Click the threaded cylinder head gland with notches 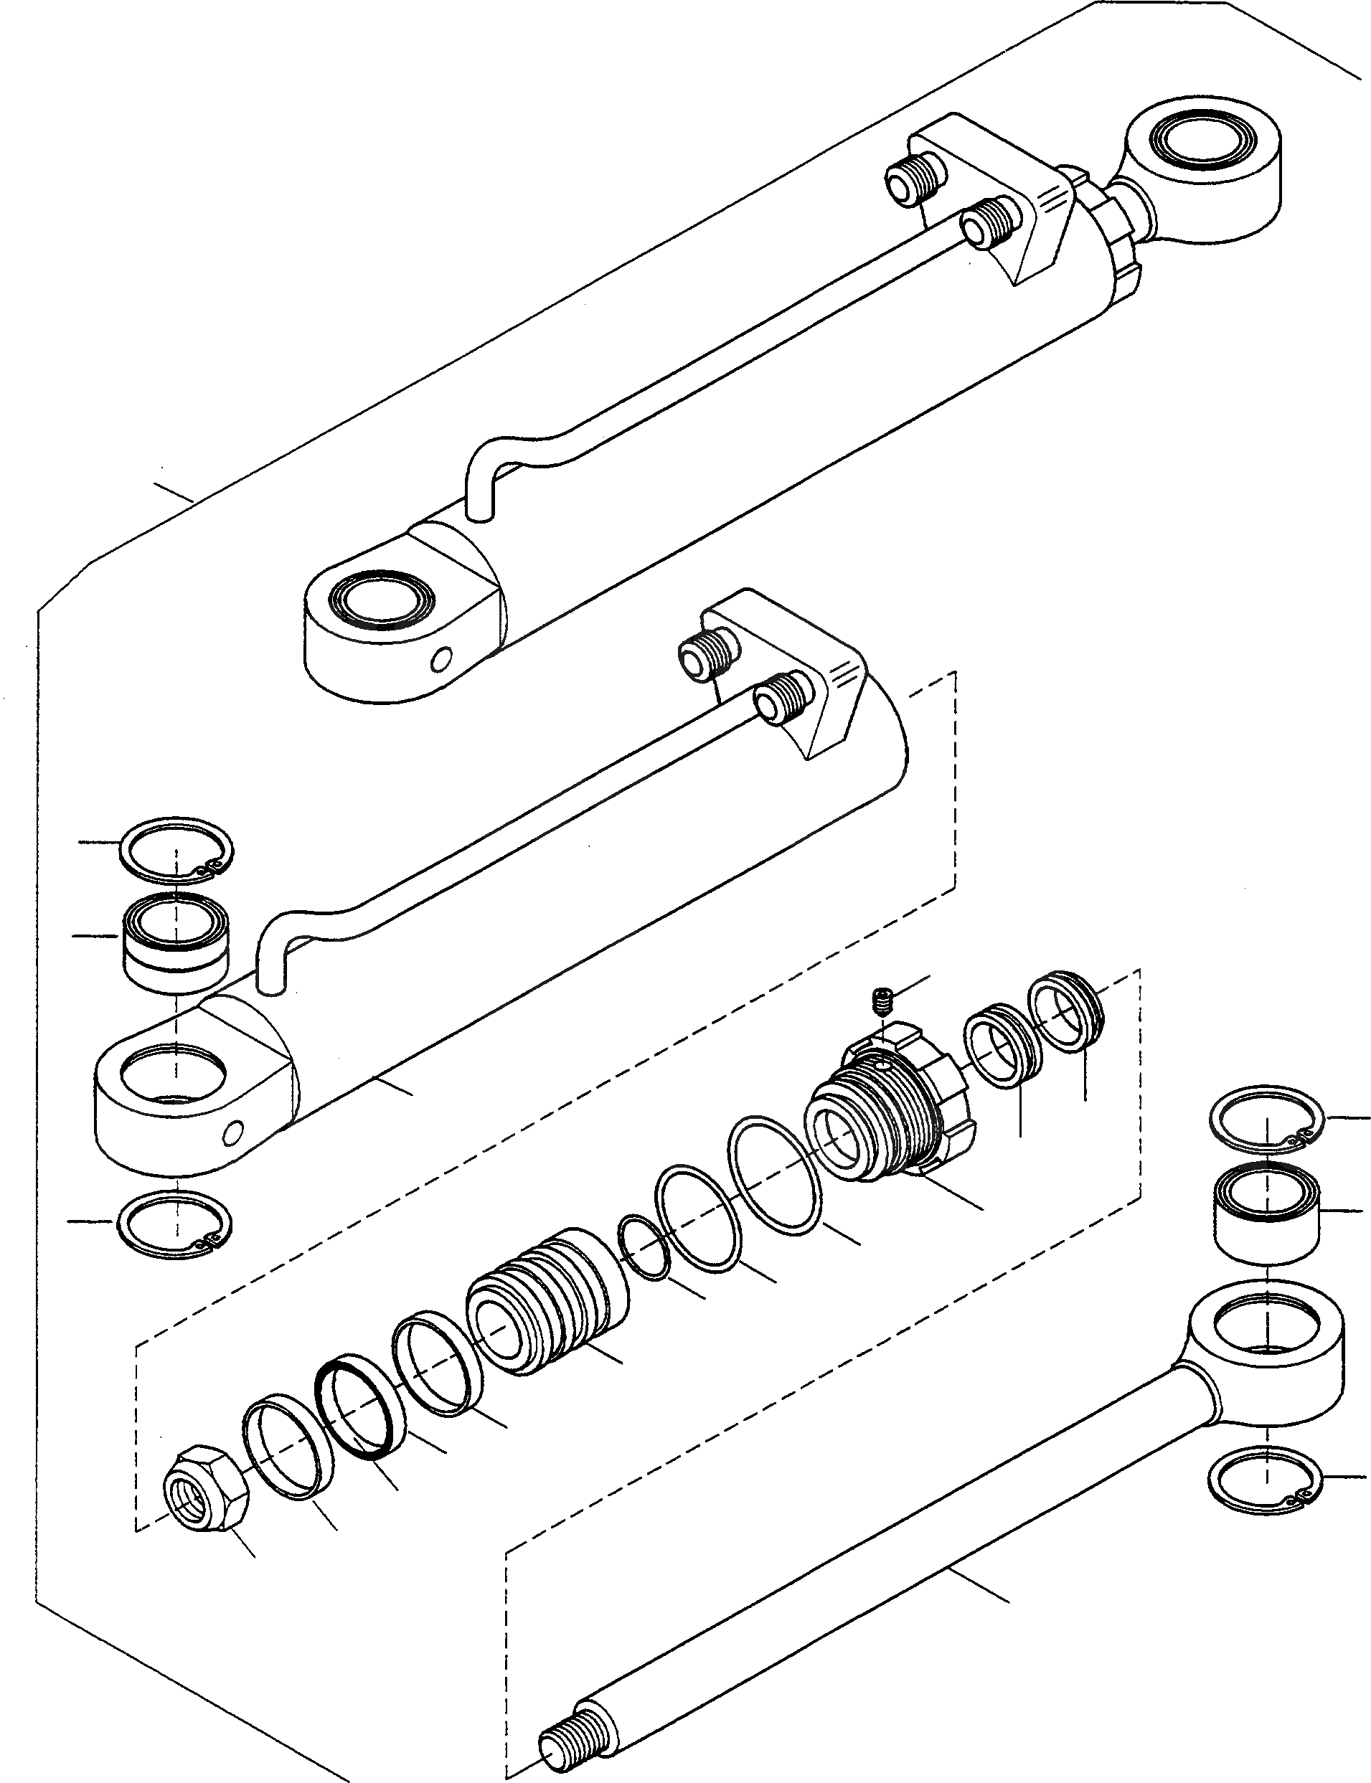(x=890, y=1113)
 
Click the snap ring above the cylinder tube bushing (x=176, y=849)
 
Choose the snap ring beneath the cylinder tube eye (x=174, y=1224)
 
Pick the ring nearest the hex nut (x=287, y=1448)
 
